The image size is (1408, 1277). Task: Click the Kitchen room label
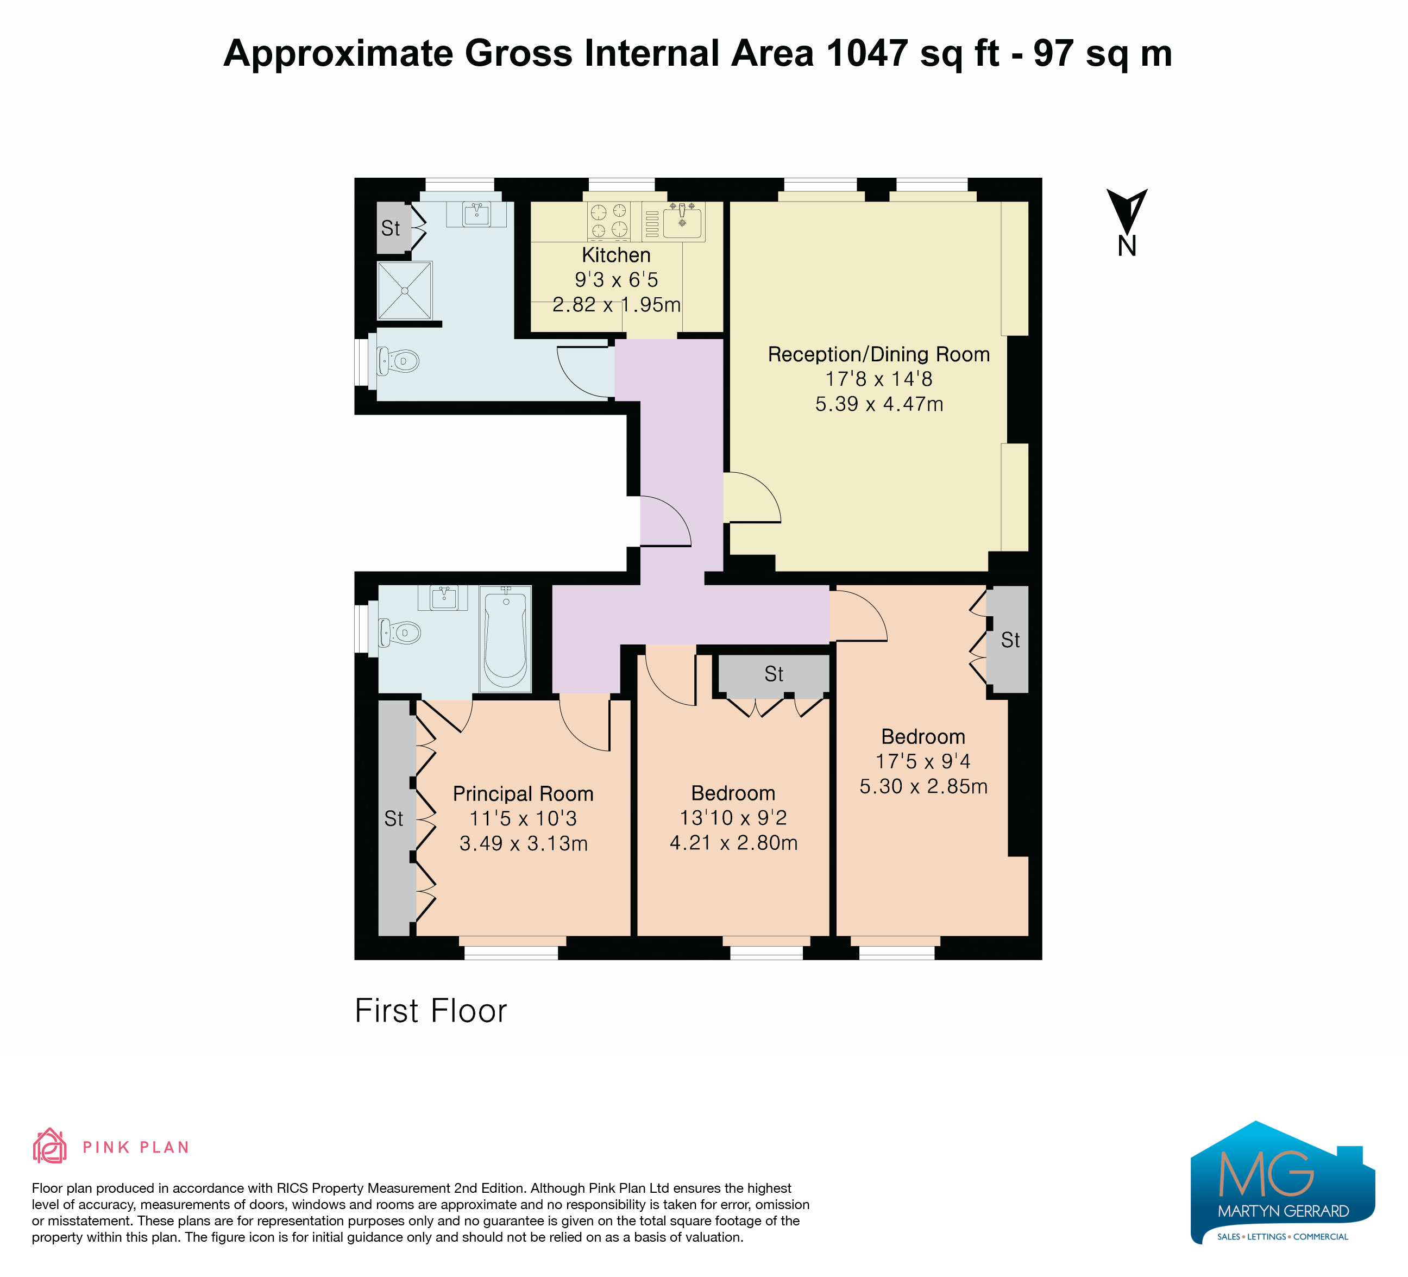pos(616,255)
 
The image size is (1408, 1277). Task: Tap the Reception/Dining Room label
pos(878,354)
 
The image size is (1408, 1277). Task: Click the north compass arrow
pos(1127,210)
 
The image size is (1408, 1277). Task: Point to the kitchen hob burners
pos(609,221)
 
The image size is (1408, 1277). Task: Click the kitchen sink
pos(682,220)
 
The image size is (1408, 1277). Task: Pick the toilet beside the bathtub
pos(399,633)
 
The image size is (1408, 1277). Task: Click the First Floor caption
pos(431,1011)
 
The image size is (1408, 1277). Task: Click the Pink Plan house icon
pos(49,1147)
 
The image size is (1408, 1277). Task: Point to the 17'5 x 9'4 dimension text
pos(923,761)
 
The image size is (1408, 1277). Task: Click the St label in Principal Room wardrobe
pos(394,819)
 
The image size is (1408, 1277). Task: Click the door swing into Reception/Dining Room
pos(752,497)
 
